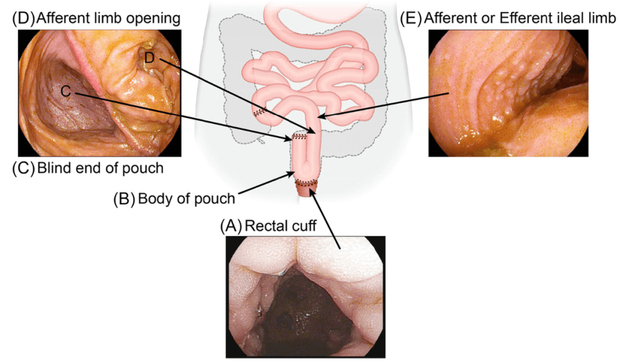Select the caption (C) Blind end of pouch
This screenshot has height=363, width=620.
tap(87, 168)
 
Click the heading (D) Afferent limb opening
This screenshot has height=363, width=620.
tap(96, 18)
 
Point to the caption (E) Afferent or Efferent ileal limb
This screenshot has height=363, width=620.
tap(508, 18)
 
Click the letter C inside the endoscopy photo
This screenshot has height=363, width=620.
tap(66, 91)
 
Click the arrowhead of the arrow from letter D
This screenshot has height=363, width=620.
tap(315, 132)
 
